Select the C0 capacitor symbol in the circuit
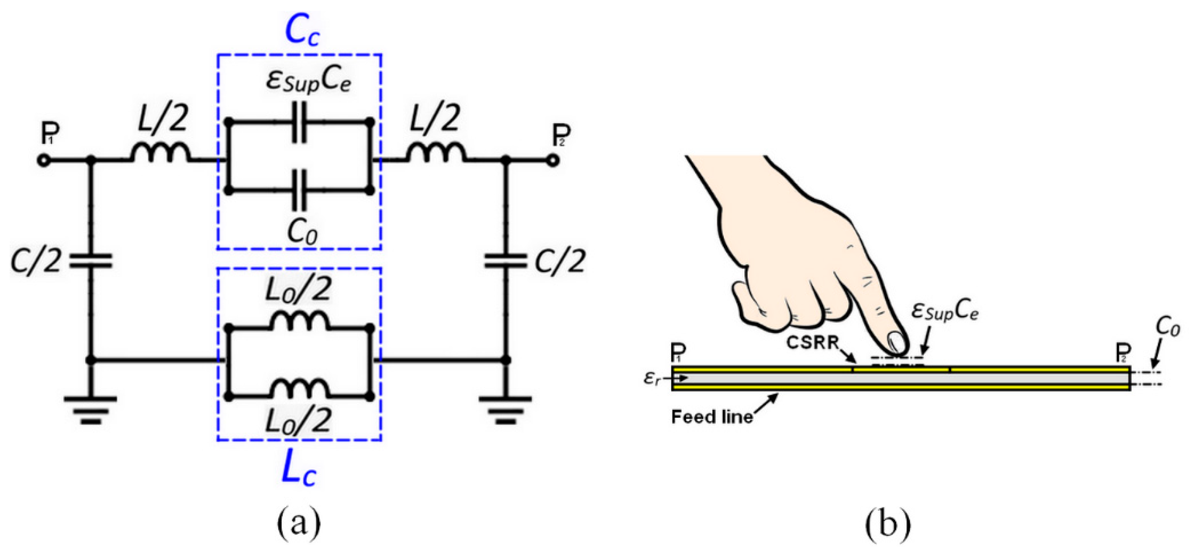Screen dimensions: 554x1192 [298, 190]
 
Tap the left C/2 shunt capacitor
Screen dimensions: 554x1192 [91, 260]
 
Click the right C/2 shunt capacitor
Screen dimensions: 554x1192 [506, 260]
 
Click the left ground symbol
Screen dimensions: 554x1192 [91, 409]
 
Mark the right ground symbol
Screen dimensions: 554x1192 [506, 409]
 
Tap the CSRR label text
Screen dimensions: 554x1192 [815, 343]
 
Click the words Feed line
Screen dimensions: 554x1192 [712, 417]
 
